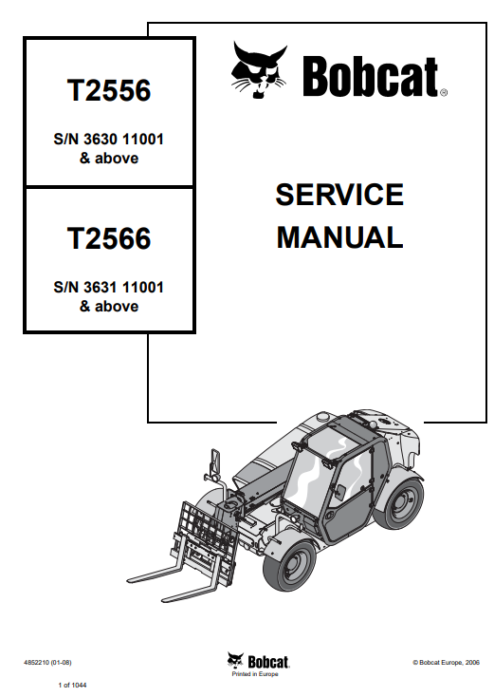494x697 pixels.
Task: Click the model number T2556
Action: point(109,90)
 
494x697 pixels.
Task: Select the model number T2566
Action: point(109,238)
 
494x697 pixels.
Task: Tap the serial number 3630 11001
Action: point(123,140)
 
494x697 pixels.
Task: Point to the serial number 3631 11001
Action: point(123,287)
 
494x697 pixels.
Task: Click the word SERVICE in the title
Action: point(339,195)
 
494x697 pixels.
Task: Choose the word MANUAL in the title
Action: point(339,237)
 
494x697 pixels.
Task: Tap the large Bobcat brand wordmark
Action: point(371,77)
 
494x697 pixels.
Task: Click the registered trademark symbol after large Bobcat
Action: point(444,92)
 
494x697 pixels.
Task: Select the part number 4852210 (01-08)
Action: point(47,662)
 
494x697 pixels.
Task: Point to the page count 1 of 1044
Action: point(72,685)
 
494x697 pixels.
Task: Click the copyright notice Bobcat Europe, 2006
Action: point(446,662)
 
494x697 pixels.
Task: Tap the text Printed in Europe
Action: point(255,674)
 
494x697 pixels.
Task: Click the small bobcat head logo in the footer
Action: point(235,661)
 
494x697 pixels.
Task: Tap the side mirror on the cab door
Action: point(341,491)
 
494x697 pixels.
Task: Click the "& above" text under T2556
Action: point(109,159)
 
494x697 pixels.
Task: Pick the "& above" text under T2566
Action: point(109,307)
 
